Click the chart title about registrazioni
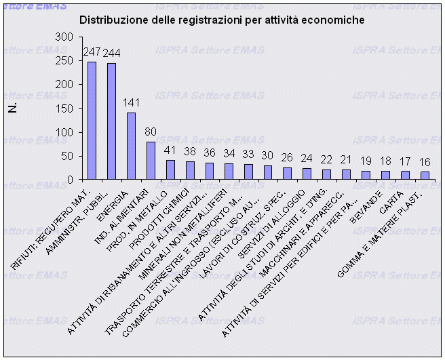222,20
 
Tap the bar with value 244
111,121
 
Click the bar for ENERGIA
131,146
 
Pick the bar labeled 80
151,161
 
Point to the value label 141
132,103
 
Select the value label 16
425,163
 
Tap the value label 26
288,158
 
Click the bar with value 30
268,172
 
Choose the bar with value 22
327,174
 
